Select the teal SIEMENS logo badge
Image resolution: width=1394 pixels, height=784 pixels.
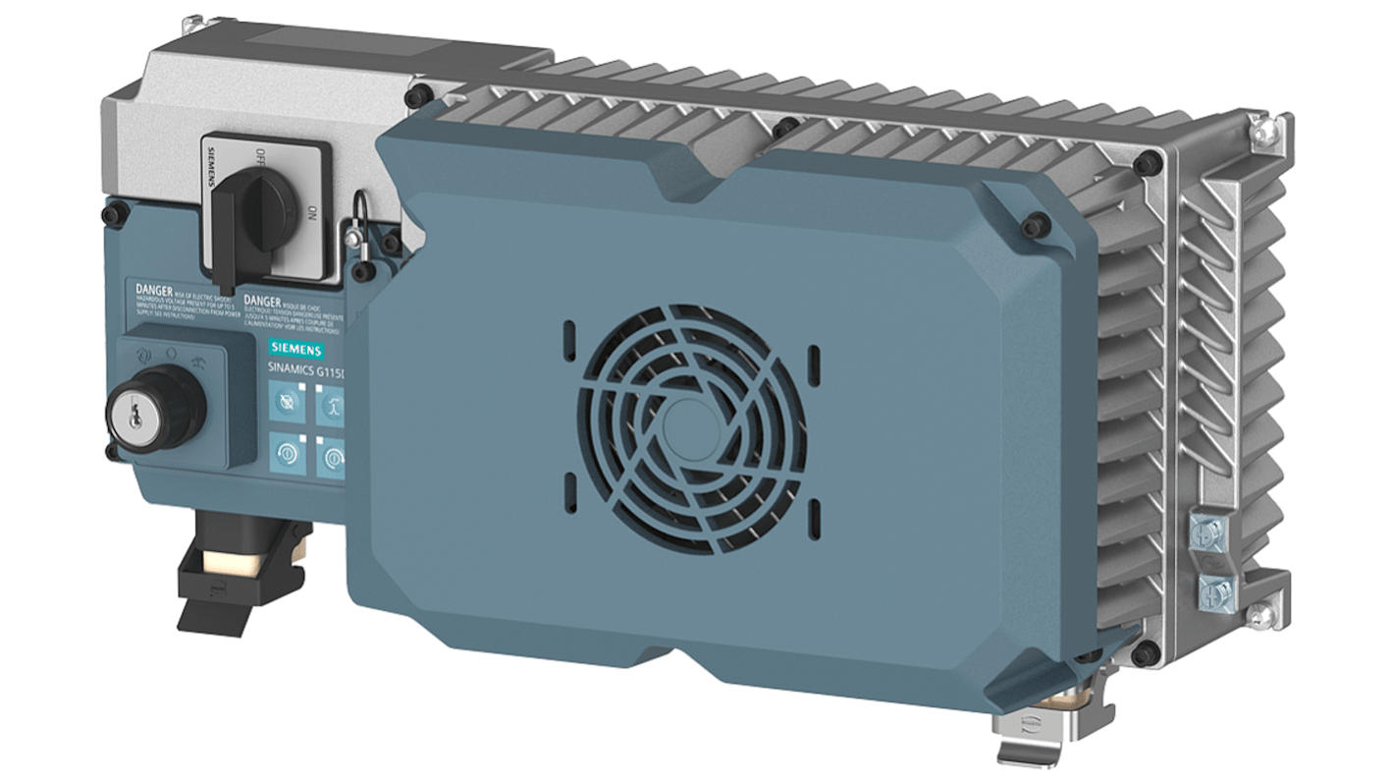pos(299,350)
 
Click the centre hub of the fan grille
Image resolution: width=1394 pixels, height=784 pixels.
pos(693,414)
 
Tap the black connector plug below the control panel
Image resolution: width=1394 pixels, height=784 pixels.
pos(236,570)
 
